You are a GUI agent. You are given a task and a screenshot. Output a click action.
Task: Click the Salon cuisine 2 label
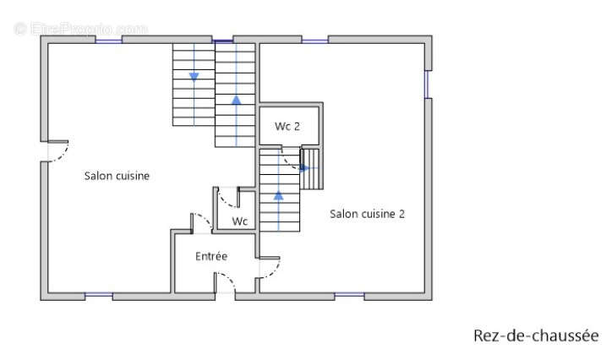pos(367,214)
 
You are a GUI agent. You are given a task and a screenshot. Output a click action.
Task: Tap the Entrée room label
pos(211,256)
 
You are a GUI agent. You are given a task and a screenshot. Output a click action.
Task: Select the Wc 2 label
pos(287,126)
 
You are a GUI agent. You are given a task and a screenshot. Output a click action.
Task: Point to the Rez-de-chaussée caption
pos(536,335)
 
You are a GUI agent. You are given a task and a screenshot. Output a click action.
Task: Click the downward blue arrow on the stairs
pos(194,77)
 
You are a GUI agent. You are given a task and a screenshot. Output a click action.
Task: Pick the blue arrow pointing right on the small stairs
pos(304,168)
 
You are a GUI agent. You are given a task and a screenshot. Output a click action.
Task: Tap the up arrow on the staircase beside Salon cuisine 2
pos(279,195)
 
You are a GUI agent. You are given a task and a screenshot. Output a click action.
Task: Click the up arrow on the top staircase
pos(236,100)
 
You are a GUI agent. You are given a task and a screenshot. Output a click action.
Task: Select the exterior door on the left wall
pos(54,151)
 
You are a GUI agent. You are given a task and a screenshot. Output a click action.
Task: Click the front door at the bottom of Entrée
pos(225,283)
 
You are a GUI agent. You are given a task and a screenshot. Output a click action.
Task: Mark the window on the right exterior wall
pos(428,85)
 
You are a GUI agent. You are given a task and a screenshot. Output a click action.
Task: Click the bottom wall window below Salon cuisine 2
pos(349,295)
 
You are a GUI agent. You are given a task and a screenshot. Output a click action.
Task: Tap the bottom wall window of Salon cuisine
pos(99,295)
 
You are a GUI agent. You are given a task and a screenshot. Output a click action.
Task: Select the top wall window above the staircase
pos(223,41)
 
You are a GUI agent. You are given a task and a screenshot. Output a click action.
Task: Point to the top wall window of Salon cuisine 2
pos(315,41)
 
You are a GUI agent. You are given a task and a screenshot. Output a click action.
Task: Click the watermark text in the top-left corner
pos(81,29)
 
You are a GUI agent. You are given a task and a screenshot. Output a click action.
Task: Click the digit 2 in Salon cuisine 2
pos(401,214)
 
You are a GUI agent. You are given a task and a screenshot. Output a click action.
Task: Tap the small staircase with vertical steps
pos(311,169)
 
